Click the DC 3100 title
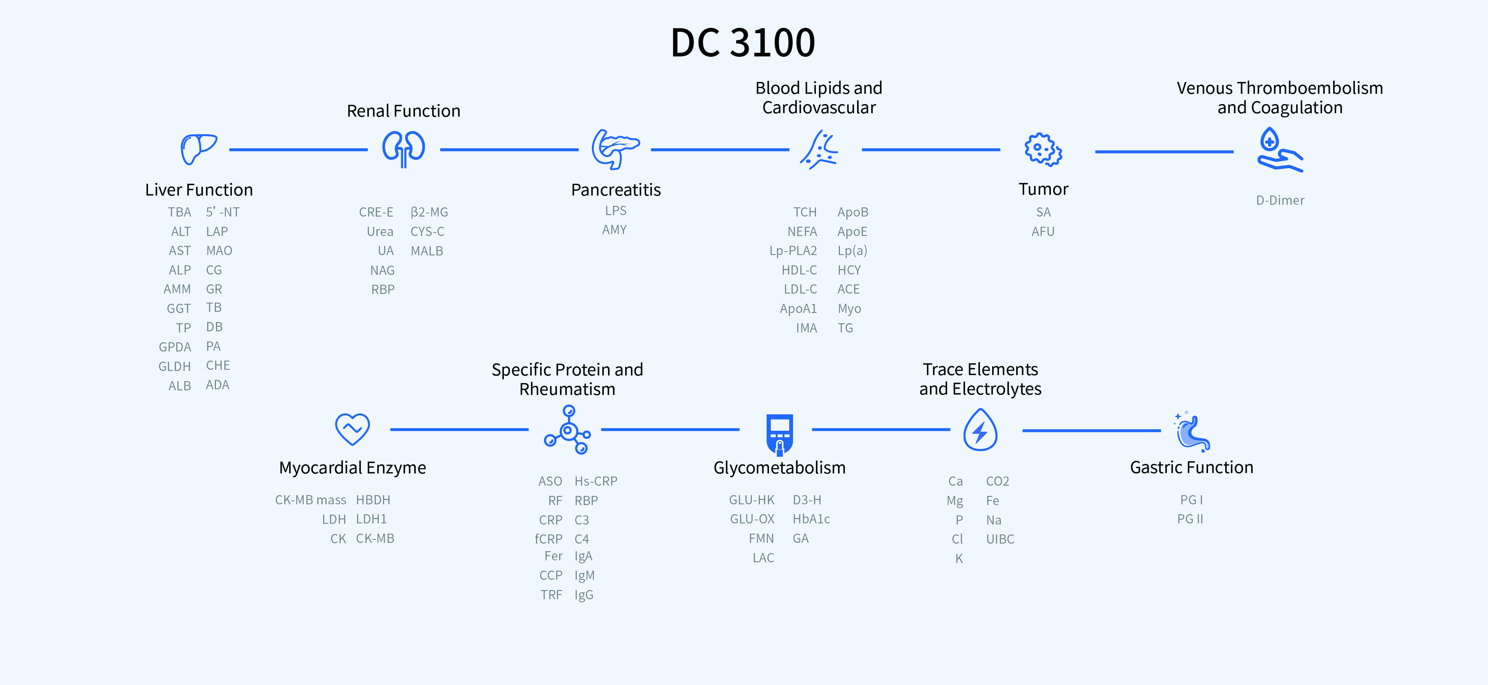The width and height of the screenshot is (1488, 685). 743,43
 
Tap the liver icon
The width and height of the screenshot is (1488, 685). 198,149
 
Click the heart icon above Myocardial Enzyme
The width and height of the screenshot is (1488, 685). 352,429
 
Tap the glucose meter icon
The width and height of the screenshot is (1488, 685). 779,434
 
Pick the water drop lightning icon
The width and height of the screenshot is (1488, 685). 980,430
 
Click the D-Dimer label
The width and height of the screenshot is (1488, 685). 1280,200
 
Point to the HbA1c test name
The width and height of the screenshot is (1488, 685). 811,519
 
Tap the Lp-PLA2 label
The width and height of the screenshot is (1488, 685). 793,250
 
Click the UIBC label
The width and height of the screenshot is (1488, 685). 1000,539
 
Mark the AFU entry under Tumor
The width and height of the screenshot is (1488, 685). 1042,231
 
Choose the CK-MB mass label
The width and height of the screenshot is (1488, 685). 310,500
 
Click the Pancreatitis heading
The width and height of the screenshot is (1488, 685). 616,190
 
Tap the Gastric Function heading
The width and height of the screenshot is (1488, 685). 1192,467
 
